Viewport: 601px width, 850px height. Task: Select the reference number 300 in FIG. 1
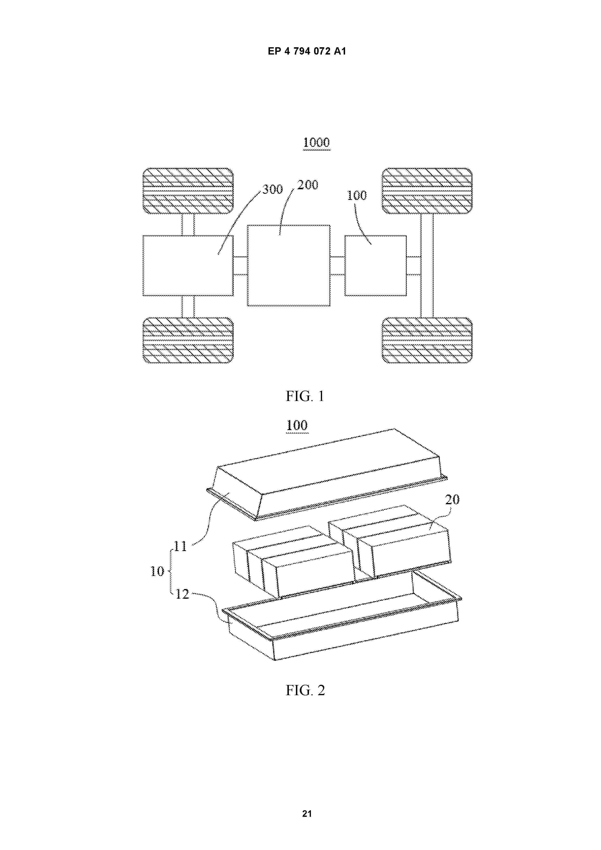coord(273,189)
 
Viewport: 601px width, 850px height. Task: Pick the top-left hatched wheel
coord(188,191)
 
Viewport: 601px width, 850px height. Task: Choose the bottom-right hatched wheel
coord(427,340)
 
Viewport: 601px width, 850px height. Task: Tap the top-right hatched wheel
coord(427,191)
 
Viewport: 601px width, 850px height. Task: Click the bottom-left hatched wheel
coord(188,340)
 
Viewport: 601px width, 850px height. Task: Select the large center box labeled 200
coord(288,265)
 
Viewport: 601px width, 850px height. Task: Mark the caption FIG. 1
coord(305,396)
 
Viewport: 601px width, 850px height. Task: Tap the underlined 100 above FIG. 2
coord(297,425)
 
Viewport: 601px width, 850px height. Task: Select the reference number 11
coord(180,546)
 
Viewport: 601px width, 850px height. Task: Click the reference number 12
coord(182,594)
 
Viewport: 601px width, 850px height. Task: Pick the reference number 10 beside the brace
coord(157,571)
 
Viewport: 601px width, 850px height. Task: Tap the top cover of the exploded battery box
coord(327,475)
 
